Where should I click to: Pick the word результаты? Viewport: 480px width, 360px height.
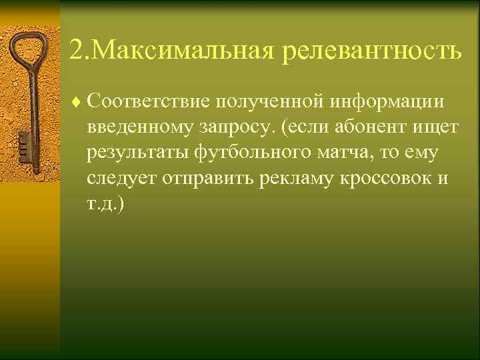point(139,153)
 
